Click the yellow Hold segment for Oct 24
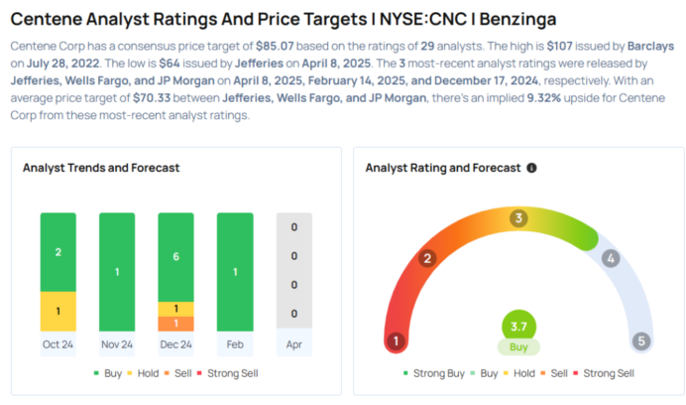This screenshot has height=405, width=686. coord(57,312)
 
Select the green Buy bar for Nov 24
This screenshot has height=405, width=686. coord(117,271)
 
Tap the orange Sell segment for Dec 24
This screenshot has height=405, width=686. coord(175,324)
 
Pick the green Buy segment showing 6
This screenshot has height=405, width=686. coord(175,256)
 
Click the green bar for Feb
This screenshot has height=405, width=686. coord(234,271)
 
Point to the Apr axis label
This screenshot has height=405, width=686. coord(293,345)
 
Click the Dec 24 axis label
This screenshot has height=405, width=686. coord(175,345)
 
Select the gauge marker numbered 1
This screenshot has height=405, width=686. coord(396,341)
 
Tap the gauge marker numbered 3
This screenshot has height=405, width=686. coord(517,218)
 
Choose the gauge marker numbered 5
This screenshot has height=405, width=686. coord(640,341)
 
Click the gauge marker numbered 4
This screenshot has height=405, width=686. coord(611,258)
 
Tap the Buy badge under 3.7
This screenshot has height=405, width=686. coord(517,347)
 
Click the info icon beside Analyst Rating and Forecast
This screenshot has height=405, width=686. coord(532,169)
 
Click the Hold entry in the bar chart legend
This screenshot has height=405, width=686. coord(139,373)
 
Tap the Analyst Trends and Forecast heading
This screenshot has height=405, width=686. coord(101,169)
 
